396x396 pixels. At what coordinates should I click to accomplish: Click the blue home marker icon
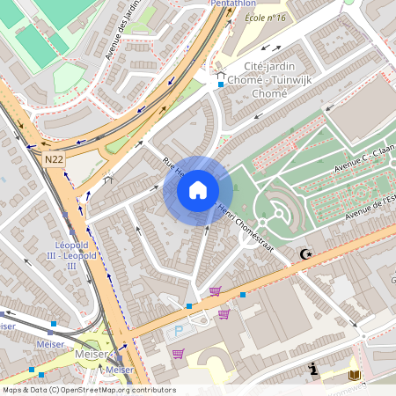click(198, 190)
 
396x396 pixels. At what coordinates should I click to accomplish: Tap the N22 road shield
click(54, 159)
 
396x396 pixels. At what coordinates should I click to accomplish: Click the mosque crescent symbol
click(306, 254)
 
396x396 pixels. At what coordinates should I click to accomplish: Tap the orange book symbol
click(354, 376)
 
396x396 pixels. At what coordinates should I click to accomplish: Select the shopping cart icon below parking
click(179, 354)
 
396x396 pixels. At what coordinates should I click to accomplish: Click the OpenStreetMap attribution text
click(88, 390)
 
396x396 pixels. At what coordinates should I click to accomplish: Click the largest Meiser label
click(90, 354)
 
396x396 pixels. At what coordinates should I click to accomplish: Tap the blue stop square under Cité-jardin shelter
click(220, 85)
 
